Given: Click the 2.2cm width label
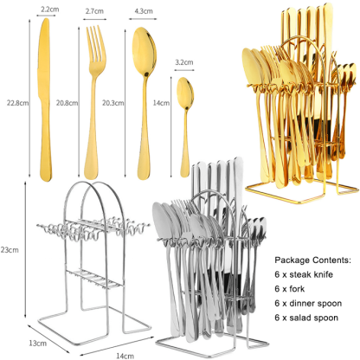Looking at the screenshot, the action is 49,10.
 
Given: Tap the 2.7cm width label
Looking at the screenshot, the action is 94,11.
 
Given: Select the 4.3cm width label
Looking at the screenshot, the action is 144,11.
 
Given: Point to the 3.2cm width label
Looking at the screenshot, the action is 184,62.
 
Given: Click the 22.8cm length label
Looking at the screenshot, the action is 18,103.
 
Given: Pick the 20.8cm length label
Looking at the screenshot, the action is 67,103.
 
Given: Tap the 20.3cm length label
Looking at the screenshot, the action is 113,103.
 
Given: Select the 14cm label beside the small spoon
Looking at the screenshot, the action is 161,103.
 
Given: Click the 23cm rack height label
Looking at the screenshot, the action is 10,250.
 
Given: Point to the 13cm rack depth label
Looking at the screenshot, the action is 37,344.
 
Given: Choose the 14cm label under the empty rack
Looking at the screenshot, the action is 125,356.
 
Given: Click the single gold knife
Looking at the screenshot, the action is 45,100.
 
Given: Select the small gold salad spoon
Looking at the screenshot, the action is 185,127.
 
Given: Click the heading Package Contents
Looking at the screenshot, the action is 312,260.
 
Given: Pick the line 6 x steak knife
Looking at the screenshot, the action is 304,274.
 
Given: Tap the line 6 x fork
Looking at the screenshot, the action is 290,289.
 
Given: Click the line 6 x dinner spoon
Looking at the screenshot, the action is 308,304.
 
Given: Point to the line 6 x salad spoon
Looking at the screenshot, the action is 306,318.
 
